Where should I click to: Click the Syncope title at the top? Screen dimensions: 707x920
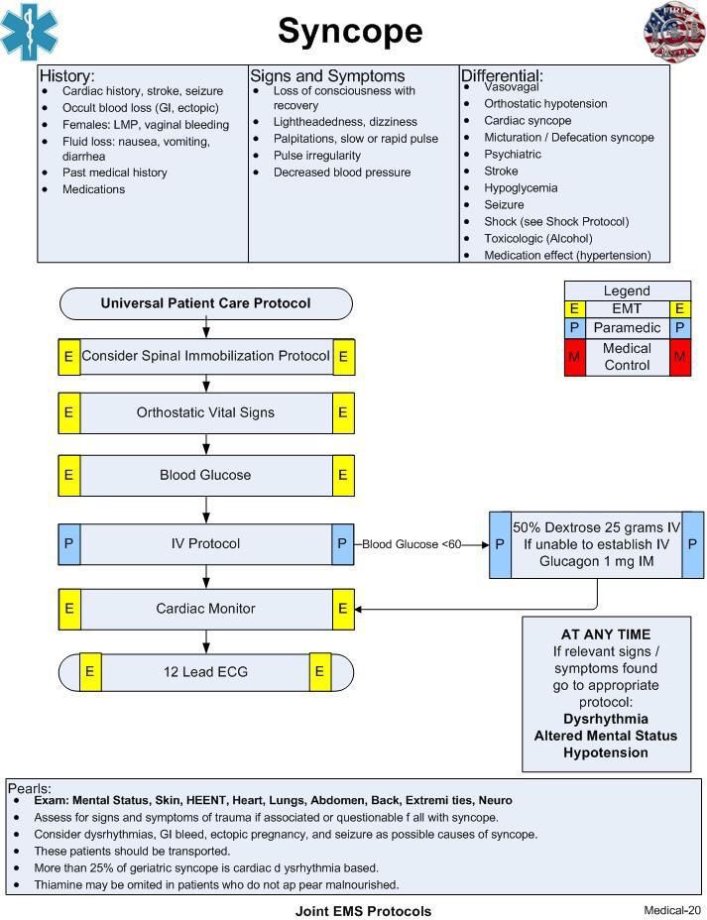click(350, 32)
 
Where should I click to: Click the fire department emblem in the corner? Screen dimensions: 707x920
click(674, 31)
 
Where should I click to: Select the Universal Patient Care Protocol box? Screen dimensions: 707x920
click(206, 303)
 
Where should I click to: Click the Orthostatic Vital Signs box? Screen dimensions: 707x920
click(206, 412)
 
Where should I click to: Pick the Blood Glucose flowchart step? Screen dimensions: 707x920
click(206, 475)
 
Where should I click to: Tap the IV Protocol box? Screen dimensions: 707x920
click(206, 544)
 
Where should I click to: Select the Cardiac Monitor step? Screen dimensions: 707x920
click(206, 609)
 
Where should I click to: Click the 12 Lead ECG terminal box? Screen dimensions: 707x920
click(206, 672)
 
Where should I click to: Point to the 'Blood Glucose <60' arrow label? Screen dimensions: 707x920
click(412, 544)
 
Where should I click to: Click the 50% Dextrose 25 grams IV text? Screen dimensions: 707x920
click(597, 527)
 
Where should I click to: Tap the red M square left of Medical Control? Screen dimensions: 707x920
click(574, 357)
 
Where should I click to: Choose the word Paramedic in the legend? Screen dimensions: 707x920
click(628, 327)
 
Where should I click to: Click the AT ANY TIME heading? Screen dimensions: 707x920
click(606, 634)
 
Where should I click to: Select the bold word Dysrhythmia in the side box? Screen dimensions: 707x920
click(606, 719)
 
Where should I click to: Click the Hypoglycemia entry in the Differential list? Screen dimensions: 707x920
click(521, 187)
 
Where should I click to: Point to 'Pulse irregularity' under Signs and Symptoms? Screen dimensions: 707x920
click(317, 156)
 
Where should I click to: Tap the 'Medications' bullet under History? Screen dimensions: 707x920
click(94, 189)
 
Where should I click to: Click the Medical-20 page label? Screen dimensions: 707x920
click(672, 910)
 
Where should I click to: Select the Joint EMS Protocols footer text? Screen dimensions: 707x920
click(363, 911)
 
